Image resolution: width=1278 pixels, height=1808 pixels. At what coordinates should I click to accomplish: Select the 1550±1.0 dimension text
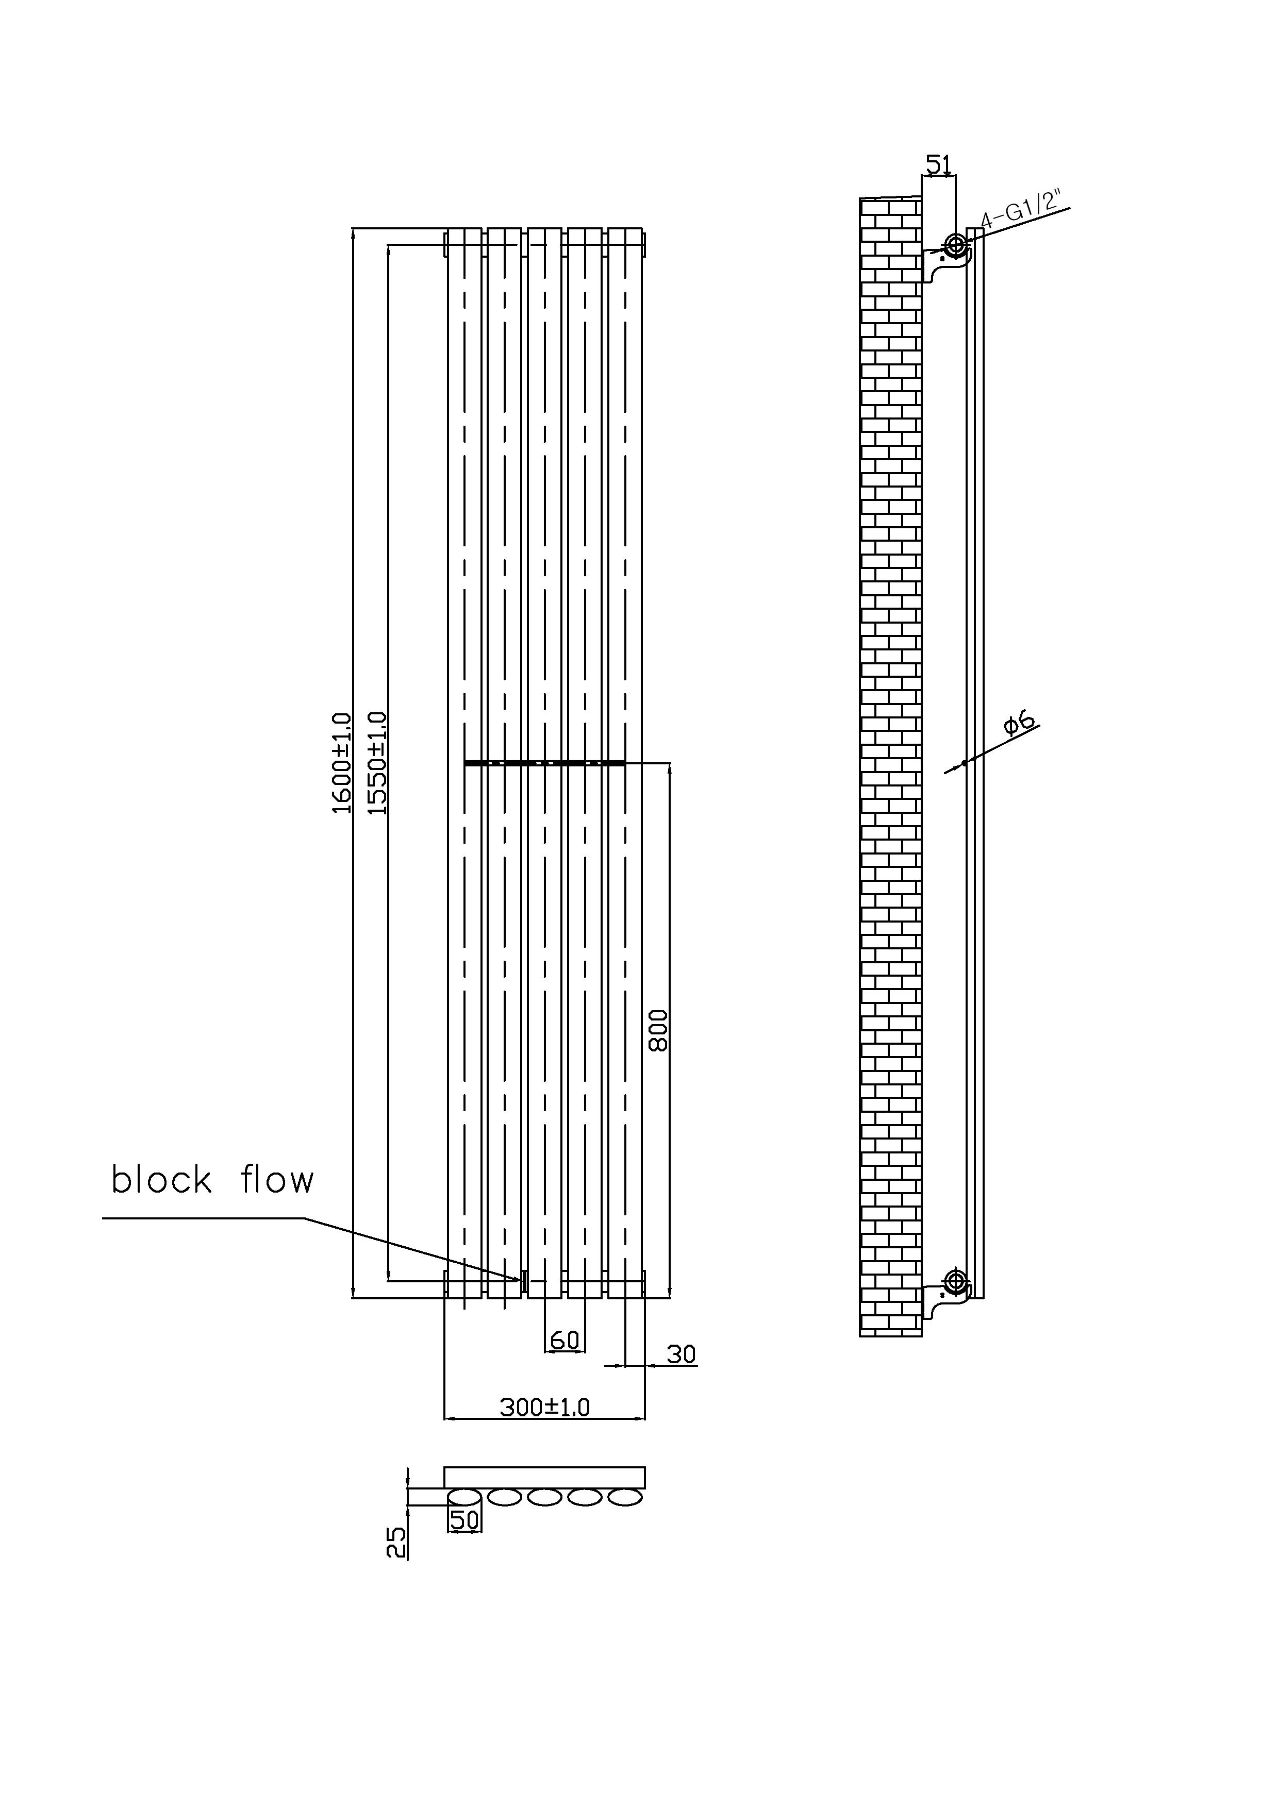click(378, 762)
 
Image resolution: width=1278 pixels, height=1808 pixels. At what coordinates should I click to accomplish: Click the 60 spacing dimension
click(565, 1338)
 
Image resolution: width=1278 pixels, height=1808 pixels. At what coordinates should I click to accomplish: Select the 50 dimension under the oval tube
click(464, 1520)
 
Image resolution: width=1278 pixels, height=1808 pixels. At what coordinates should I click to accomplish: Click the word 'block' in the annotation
click(161, 1180)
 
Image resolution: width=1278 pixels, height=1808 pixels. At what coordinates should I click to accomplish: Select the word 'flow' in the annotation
click(277, 1180)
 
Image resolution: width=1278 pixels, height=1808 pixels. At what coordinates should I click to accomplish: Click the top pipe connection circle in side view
click(956, 244)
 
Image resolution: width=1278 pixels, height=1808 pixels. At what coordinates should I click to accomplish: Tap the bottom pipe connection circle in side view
click(956, 1280)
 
